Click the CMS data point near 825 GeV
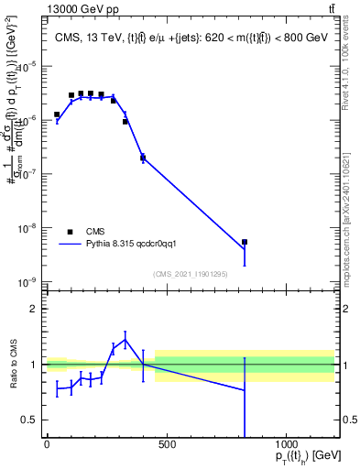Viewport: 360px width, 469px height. coord(245,242)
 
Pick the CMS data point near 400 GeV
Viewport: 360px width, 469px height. coord(143,158)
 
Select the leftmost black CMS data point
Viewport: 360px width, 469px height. coord(57,115)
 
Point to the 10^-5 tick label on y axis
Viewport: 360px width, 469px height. coord(26,67)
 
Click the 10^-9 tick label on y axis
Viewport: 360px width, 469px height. coord(26,282)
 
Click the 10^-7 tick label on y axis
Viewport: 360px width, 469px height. coord(26,174)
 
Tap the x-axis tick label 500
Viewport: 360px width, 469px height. coord(167,446)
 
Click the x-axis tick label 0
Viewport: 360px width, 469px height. coord(47,446)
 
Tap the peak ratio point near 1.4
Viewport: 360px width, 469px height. coord(125,340)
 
